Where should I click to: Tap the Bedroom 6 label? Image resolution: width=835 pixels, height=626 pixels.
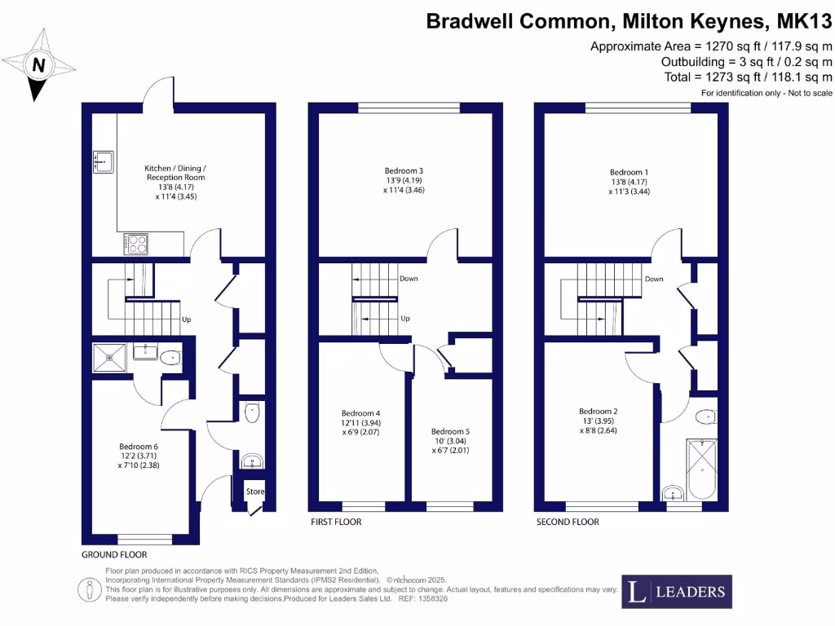point(139,446)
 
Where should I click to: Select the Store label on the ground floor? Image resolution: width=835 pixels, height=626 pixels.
point(254,492)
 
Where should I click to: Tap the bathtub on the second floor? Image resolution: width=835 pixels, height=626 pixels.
point(700,469)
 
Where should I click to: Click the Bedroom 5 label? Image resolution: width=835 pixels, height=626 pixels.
point(451,431)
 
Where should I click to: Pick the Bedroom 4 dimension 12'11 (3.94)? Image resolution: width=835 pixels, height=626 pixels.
point(361,423)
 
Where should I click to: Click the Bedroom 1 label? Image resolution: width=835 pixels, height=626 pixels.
point(630,173)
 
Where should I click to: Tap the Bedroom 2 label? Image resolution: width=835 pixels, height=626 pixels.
point(599,411)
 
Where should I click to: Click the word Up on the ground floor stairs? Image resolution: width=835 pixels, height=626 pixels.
point(186,320)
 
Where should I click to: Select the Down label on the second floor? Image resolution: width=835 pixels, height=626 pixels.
point(654,279)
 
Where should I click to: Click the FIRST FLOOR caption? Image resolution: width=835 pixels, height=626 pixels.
point(336,522)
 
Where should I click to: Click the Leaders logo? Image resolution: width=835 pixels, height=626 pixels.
point(676,592)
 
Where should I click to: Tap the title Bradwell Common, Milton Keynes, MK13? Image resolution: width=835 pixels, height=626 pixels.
point(630,22)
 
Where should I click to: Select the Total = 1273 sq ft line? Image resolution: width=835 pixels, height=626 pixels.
point(749,77)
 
